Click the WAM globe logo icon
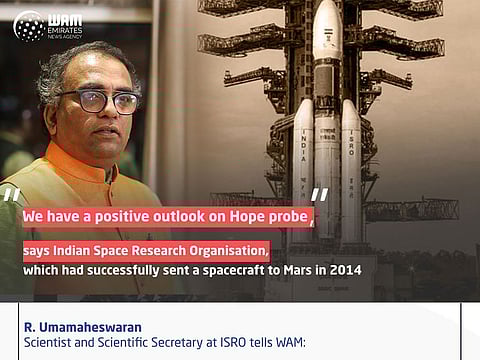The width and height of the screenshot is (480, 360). (28, 25)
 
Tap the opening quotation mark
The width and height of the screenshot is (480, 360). (11, 196)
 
